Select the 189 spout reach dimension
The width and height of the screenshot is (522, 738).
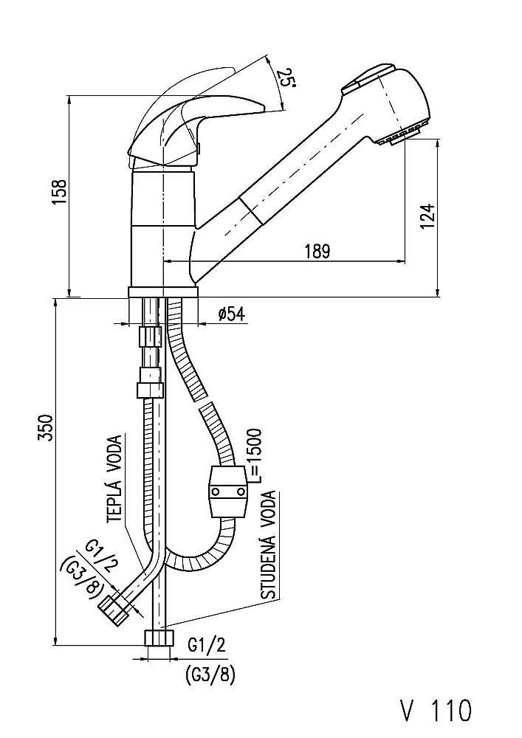tap(316, 251)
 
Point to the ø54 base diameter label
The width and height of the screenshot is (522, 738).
tap(231, 314)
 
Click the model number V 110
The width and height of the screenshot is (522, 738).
tap(435, 711)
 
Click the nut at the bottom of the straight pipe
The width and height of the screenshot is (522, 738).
tap(159, 638)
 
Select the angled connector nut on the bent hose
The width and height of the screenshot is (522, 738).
tap(113, 608)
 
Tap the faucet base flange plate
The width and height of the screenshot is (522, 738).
tap(163, 292)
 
